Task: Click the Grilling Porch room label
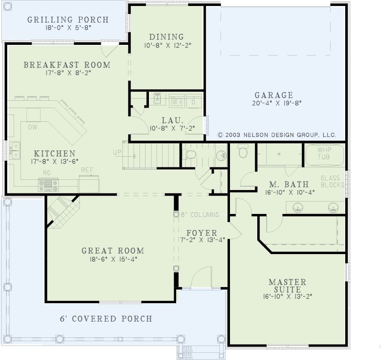(68, 20)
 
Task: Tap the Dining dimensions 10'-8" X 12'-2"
(168, 45)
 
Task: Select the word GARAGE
(274, 95)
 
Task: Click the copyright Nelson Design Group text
(277, 135)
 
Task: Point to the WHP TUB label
(324, 153)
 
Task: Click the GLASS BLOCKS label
(332, 181)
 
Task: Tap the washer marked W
(176, 101)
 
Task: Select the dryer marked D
(194, 101)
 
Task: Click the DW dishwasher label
(33, 127)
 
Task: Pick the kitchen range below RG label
(48, 185)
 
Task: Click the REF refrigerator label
(87, 170)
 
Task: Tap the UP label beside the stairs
(117, 152)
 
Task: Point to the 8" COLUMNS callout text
(200, 214)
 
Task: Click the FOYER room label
(202, 233)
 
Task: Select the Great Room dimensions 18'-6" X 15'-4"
(113, 259)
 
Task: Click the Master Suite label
(288, 286)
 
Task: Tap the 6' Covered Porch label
(106, 319)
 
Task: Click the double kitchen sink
(15, 151)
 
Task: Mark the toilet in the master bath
(243, 151)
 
